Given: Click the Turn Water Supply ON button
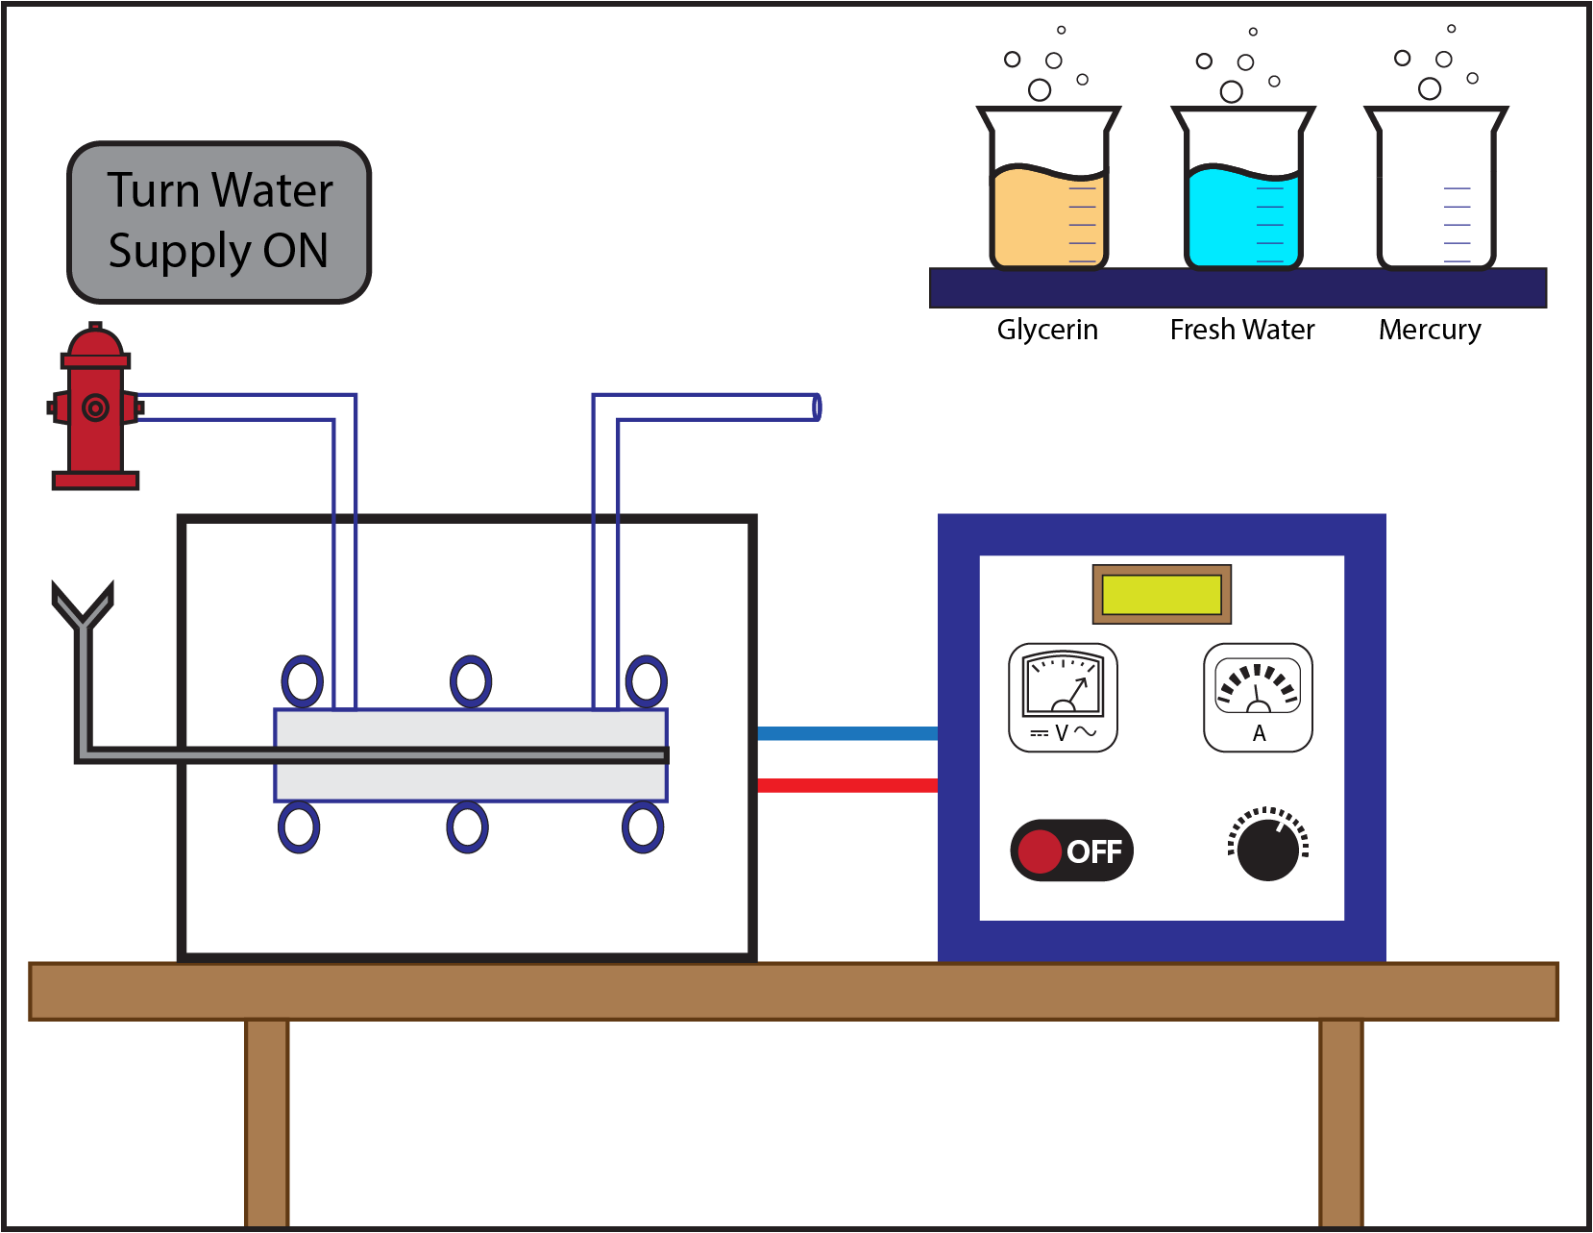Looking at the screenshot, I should tap(219, 222).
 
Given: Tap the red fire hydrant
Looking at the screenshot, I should tap(94, 408).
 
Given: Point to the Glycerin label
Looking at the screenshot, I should tap(1047, 330).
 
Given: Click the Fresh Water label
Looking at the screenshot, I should tap(1241, 330).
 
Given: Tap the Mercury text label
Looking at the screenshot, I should tap(1429, 330).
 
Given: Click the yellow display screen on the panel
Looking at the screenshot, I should tap(1162, 595).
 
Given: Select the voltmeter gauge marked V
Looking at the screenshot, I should tap(1063, 697).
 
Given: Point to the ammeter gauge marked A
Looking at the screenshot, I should tap(1258, 697).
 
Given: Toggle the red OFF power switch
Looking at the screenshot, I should tap(1071, 851).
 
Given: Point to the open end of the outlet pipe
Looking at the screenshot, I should tap(816, 407).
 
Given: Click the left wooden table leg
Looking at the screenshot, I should tap(266, 1122).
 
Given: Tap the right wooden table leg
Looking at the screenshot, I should tap(1340, 1122).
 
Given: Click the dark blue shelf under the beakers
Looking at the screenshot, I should tap(1238, 288).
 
